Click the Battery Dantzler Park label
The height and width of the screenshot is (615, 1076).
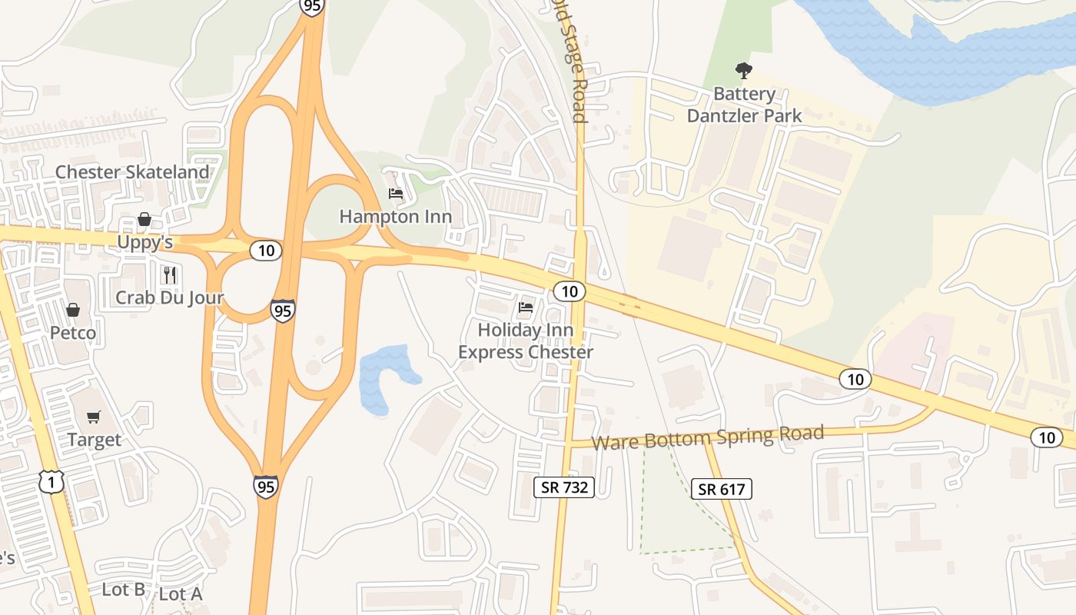(x=743, y=105)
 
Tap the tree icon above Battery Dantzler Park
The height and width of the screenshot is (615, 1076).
(x=743, y=71)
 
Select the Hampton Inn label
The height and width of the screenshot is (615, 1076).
(x=396, y=216)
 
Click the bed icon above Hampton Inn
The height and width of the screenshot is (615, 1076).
(x=396, y=193)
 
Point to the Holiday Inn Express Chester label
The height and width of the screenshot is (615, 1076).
(x=526, y=341)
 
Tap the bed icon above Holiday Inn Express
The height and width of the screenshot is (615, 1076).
(x=526, y=307)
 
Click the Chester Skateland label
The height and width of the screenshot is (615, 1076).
(x=132, y=171)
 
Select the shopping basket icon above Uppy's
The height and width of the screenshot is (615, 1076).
(x=144, y=220)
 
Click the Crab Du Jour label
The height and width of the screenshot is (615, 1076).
(x=170, y=298)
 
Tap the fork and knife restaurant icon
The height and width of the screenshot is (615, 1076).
(x=170, y=274)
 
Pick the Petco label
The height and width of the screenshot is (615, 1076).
(x=73, y=333)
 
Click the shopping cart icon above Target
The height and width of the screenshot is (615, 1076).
(x=94, y=417)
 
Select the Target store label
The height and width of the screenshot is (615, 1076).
(x=94, y=440)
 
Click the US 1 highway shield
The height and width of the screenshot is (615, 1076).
(x=51, y=482)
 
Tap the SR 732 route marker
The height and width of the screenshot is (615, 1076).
(x=564, y=487)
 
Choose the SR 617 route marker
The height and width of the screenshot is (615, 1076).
(x=721, y=489)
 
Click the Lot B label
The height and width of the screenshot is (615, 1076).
(x=124, y=590)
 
